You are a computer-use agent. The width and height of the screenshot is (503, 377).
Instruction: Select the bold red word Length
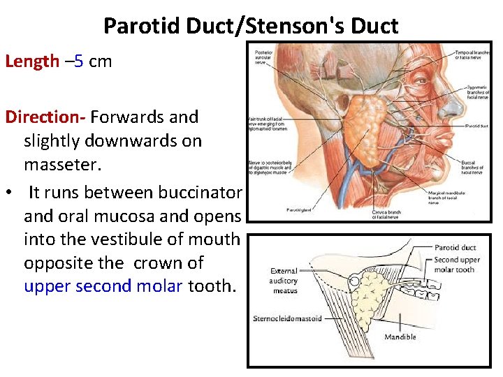pyautogui.click(x=32, y=61)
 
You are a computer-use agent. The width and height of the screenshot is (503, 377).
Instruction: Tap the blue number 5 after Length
pyautogui.click(x=79, y=61)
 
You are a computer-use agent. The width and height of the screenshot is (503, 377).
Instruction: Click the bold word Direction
pyautogui.click(x=44, y=117)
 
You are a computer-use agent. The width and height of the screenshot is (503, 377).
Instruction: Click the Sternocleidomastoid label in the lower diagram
pyautogui.click(x=288, y=319)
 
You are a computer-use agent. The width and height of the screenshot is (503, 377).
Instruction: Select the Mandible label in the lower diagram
pyautogui.click(x=400, y=337)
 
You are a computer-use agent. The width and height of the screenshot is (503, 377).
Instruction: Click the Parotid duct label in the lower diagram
pyautogui.click(x=455, y=248)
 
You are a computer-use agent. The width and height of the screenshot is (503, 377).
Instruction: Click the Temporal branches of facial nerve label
pyautogui.click(x=473, y=54)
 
